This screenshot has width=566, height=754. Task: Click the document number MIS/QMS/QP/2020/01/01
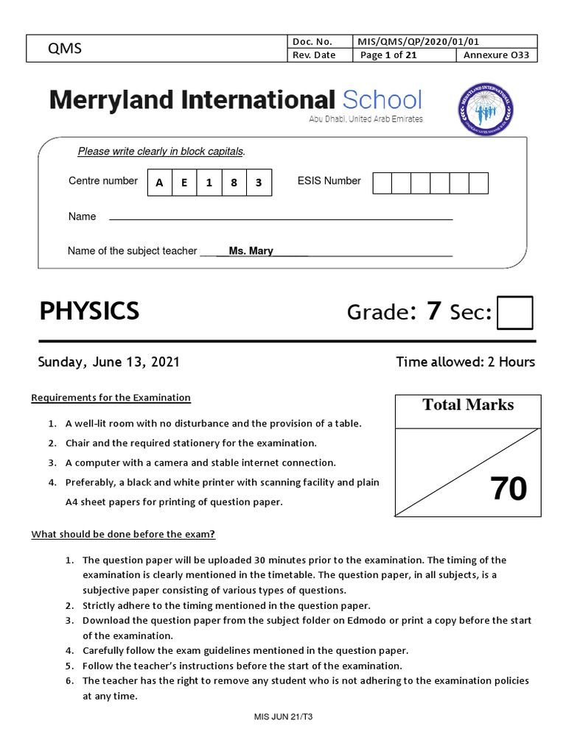pos(420,42)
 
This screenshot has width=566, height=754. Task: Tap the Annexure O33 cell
pos(497,55)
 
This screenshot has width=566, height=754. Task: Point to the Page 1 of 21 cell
pos(388,55)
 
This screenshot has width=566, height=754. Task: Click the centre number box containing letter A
pos(159,183)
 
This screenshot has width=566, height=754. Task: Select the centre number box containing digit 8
pos(234,183)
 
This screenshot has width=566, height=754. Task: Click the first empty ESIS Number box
pos(382,183)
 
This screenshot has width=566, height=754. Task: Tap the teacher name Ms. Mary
pos(251,251)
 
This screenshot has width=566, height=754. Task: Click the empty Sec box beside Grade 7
pos(514,312)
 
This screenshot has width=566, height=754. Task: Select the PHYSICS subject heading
pos(89,311)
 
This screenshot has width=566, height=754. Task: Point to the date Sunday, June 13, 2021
pos(108,362)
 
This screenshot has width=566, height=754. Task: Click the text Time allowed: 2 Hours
pos(465,362)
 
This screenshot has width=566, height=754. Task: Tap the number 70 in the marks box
pos(509,490)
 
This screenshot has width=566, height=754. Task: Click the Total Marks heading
pos(468,405)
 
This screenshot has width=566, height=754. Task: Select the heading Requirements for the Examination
pos(111,398)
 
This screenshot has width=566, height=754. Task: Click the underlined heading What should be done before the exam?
pos(123,534)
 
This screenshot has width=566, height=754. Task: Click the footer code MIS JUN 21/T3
pos(283,716)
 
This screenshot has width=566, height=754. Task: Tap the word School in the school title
pos(382,100)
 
